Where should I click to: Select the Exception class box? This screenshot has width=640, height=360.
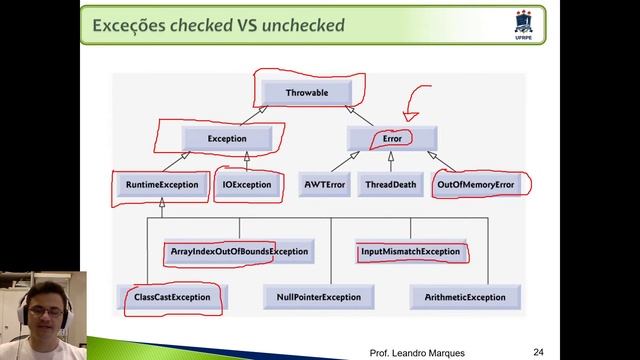pyautogui.click(x=228, y=138)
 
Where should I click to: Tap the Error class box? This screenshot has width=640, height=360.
pyautogui.click(x=392, y=138)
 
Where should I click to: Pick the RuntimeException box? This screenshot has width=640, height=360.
pyautogui.click(x=160, y=185)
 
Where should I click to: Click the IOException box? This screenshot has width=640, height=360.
pyautogui.click(x=246, y=185)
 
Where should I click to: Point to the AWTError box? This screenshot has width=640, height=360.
pyautogui.click(x=323, y=185)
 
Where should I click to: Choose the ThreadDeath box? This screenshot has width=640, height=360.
pyautogui.click(x=392, y=185)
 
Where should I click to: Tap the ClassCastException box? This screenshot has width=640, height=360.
pyautogui.click(x=172, y=297)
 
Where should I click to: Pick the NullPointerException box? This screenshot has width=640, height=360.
pyautogui.click(x=318, y=297)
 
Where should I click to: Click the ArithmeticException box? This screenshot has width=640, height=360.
pyautogui.click(x=464, y=297)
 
